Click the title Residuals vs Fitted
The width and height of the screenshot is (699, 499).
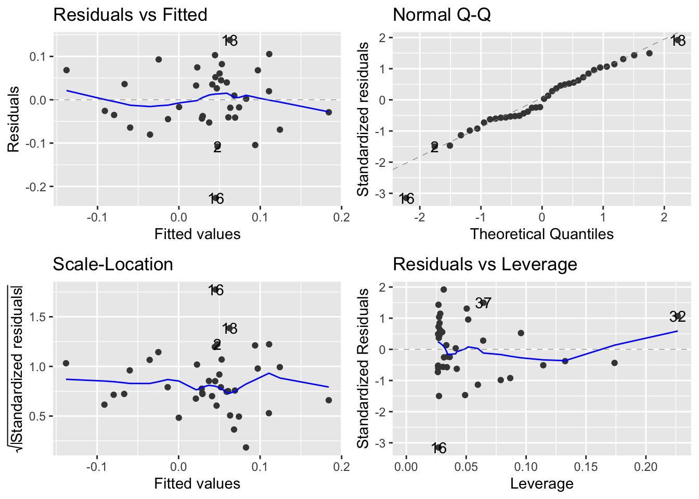pos(130,15)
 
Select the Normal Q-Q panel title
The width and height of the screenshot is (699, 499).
pos(442,15)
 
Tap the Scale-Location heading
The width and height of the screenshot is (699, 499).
pos(113,264)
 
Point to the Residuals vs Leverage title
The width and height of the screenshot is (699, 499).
pos(485,264)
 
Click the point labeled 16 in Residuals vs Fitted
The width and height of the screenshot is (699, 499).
pos(215,198)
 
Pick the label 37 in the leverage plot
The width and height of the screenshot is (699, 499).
pos(483,303)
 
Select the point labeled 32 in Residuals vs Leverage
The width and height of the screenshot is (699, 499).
pos(678,316)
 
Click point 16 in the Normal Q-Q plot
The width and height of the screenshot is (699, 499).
pos(406,198)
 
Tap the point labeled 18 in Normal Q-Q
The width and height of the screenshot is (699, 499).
pos(678,40)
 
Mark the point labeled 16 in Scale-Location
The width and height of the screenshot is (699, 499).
pos(215,290)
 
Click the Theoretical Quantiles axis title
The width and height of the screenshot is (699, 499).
pos(541,234)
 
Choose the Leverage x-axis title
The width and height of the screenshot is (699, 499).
pos(541,483)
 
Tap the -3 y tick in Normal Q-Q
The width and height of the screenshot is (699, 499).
pos(382,193)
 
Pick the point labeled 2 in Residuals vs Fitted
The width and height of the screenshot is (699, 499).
pos(217,147)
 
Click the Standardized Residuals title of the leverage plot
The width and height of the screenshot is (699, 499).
pos(363,368)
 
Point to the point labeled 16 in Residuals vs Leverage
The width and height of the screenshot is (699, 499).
pos(438,448)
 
